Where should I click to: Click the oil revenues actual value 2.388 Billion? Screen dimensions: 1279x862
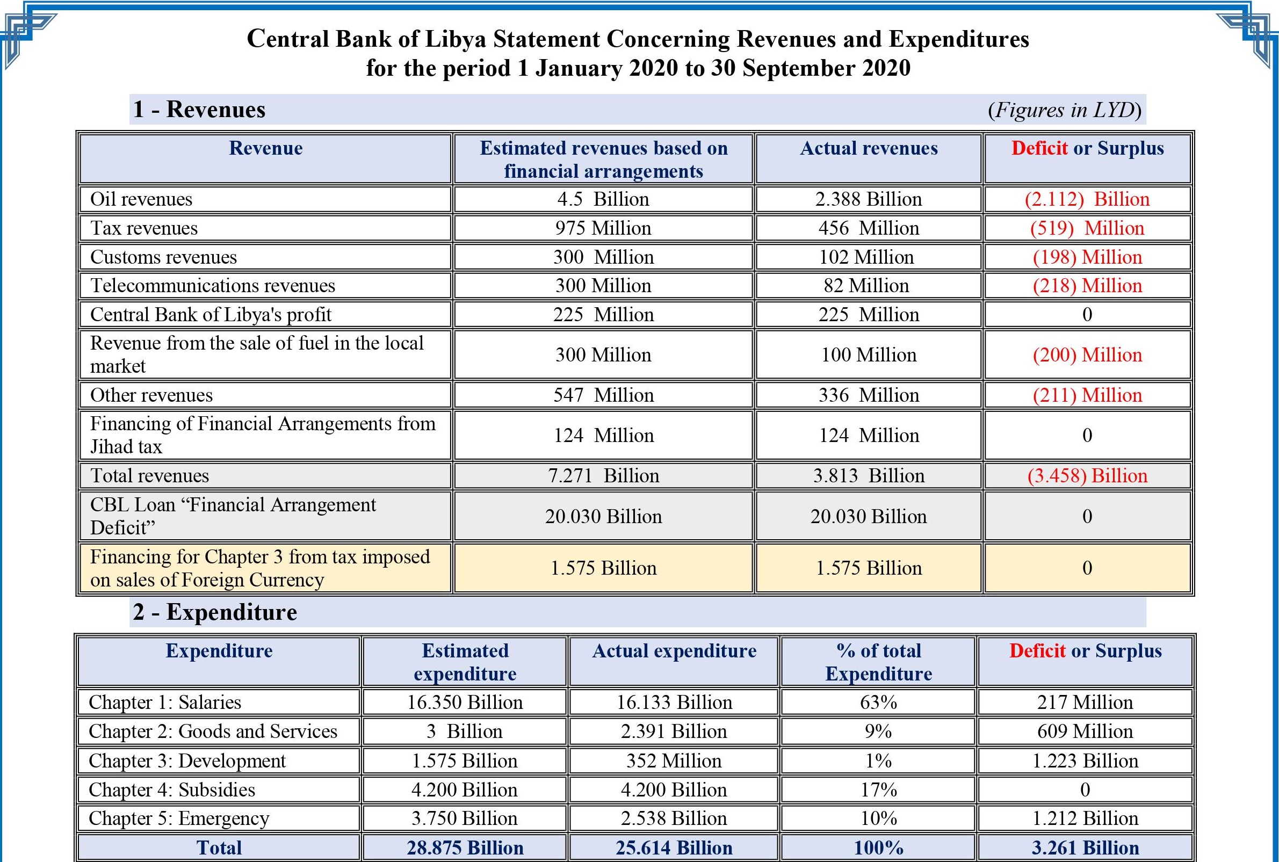(868, 199)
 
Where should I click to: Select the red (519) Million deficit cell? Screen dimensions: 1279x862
(1087, 228)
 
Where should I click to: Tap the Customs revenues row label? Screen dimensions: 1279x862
(163, 257)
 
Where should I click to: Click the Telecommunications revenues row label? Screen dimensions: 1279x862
(212, 286)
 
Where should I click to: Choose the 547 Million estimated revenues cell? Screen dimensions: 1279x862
(603, 395)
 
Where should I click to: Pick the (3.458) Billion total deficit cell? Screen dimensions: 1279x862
(1087, 475)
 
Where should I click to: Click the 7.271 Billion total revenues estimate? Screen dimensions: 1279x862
(603, 475)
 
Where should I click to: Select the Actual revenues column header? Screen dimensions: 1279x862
(868, 148)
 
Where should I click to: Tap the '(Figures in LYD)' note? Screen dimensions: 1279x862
(1065, 110)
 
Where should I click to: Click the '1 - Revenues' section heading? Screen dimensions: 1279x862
(199, 110)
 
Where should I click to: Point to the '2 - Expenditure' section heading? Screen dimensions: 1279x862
(215, 612)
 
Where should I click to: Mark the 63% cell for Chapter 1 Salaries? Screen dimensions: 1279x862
(878, 702)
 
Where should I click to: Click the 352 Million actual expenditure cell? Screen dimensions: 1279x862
(674, 761)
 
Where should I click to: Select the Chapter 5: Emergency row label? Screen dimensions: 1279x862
(179, 818)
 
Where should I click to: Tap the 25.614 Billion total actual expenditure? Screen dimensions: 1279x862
(674, 847)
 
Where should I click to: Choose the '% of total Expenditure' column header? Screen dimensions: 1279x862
(878, 662)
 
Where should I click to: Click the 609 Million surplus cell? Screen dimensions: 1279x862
(1085, 731)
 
